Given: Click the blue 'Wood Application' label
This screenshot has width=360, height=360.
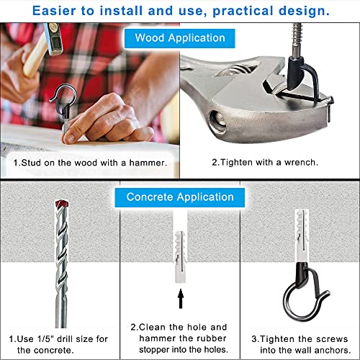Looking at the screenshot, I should tap(180, 38).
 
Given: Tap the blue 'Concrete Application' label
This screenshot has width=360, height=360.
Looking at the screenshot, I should tap(180, 197).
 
